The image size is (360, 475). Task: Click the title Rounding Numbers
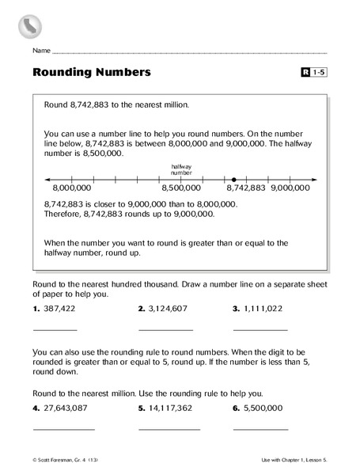tap(92, 73)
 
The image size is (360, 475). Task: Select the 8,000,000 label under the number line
tap(72, 189)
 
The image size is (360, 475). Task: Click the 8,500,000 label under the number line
tap(182, 189)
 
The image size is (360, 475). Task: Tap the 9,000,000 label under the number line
tap(290, 189)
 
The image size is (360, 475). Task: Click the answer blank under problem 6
tap(260, 428)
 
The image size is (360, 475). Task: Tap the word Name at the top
tap(42, 50)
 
